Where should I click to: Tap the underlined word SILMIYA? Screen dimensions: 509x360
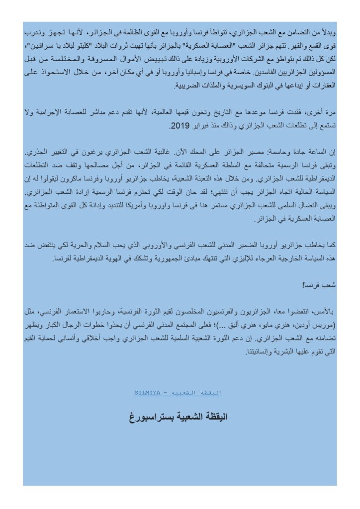147,393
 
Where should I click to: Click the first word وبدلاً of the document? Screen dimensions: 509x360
328,32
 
